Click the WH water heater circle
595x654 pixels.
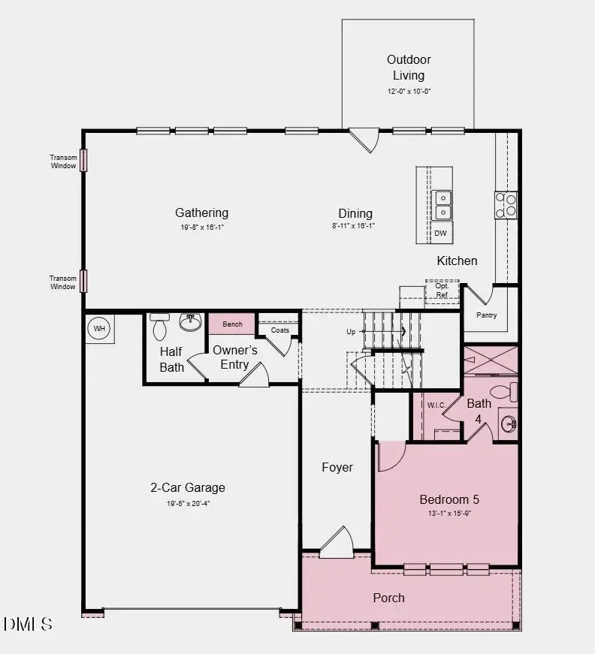click(99, 328)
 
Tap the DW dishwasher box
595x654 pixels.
click(441, 234)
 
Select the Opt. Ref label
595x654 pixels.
click(442, 291)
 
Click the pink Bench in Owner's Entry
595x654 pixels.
click(232, 324)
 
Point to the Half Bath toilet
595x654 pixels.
click(159, 327)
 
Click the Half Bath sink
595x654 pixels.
click(191, 323)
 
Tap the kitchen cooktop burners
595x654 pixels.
click(506, 205)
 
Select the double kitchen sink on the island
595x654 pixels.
click(442, 205)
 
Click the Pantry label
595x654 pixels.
click(486, 315)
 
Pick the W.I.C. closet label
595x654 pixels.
click(436, 405)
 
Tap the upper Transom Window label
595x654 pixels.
click(63, 161)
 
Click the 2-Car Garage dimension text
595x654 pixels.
click(188, 504)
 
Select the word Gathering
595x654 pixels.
click(201, 213)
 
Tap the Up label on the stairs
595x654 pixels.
click(351, 332)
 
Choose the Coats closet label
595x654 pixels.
click(279, 330)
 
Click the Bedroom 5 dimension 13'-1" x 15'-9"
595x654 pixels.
click(449, 514)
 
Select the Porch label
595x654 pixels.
click(388, 598)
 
